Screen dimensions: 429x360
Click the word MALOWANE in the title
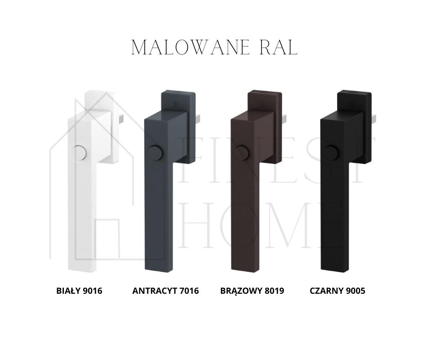point(191,48)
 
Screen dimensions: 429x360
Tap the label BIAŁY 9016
point(79,291)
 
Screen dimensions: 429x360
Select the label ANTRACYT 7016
point(166,291)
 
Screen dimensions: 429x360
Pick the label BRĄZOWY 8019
point(252,291)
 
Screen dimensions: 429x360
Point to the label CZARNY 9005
point(337,291)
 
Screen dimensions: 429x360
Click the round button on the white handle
point(78,152)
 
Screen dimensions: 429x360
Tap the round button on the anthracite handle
point(155,152)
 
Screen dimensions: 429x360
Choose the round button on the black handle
point(332,152)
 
